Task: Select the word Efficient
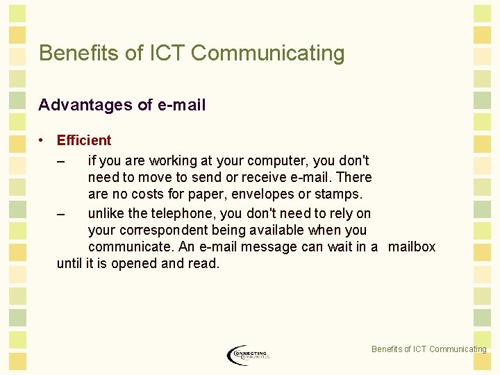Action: tap(84, 141)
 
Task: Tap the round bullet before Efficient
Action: tap(42, 140)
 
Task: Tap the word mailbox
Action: tap(412, 247)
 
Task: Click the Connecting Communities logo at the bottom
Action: tap(248, 355)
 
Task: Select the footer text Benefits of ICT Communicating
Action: tap(428, 349)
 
